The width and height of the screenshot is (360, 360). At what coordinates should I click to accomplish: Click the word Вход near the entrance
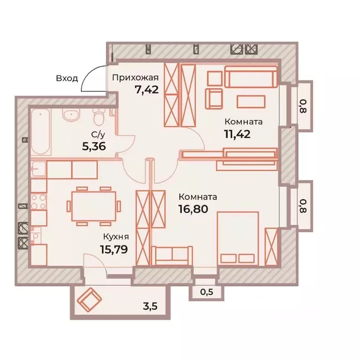[67, 79]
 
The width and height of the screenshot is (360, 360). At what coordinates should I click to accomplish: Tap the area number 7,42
[147, 90]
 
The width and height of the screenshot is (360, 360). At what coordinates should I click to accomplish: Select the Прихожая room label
[135, 78]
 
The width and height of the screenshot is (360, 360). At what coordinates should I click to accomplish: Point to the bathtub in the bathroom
[41, 132]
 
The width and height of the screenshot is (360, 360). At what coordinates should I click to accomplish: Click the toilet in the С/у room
[99, 117]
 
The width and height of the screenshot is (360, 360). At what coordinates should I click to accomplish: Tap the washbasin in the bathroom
[71, 115]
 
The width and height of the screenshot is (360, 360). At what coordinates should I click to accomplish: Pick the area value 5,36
[94, 146]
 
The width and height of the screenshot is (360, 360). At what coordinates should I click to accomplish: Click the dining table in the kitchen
[94, 206]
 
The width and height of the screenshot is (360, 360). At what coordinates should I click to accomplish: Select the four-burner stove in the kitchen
[38, 202]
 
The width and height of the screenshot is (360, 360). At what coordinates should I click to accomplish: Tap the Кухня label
[116, 237]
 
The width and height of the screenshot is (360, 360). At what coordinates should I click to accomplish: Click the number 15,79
[114, 249]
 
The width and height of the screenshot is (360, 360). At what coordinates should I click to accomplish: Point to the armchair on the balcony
[90, 300]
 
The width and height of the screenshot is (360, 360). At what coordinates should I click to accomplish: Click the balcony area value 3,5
[150, 306]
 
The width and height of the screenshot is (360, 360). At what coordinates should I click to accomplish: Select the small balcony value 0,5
[207, 292]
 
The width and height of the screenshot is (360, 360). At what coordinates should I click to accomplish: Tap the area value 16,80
[193, 209]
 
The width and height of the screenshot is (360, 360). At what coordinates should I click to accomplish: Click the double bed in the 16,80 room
[238, 239]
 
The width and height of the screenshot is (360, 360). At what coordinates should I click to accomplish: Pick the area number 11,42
[237, 134]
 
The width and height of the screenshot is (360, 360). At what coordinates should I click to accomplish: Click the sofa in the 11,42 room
[251, 77]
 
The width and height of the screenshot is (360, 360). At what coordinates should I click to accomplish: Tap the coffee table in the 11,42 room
[251, 102]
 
